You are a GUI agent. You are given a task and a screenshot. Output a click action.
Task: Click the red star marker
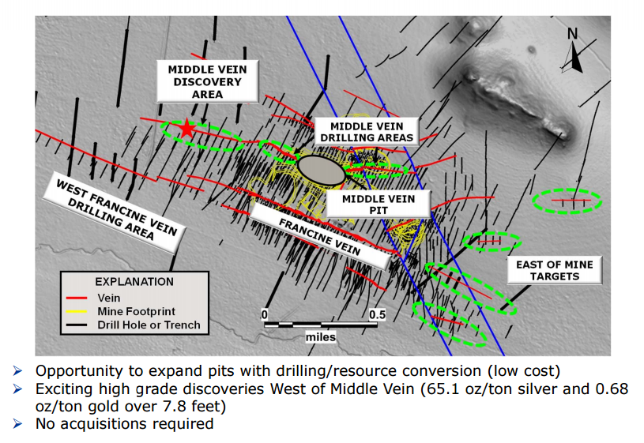(x=186, y=129)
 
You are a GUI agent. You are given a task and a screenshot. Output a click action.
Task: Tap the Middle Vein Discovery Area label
(x=207, y=81)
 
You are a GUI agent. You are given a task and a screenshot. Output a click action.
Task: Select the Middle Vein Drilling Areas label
(x=366, y=132)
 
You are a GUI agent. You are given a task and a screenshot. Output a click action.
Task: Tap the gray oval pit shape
(x=320, y=169)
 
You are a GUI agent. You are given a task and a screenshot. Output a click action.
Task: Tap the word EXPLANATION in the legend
(x=134, y=281)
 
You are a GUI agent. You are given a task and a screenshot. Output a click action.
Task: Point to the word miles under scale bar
(x=321, y=337)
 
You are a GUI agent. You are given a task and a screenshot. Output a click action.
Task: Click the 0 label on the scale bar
(x=266, y=313)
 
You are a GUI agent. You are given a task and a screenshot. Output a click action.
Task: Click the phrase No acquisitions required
(x=125, y=423)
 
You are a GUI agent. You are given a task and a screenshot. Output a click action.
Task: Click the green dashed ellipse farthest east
(x=567, y=201)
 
